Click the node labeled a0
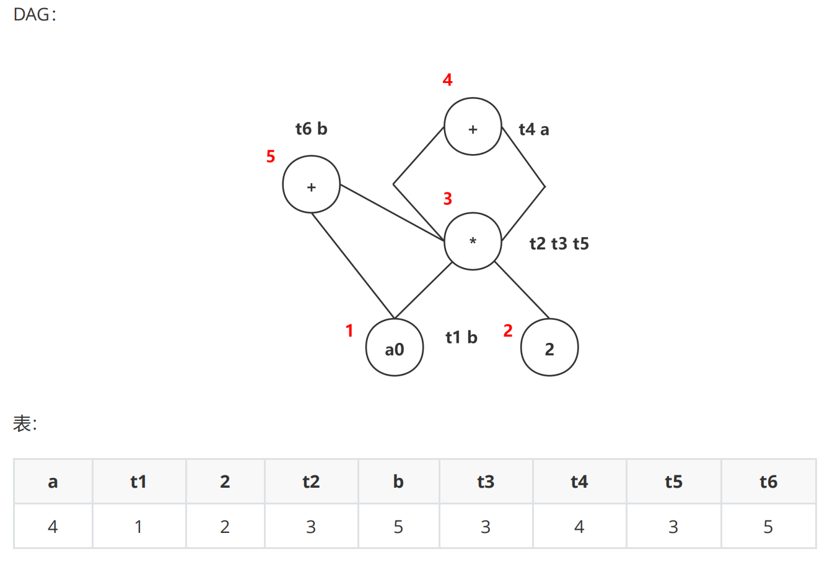coord(395,348)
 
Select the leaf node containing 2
coord(549,348)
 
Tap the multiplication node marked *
coord(473,241)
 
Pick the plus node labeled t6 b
coord(311,184)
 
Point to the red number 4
coord(447,80)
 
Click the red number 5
coord(271,157)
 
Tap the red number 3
coord(447,199)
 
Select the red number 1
coord(349,331)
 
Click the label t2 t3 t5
coord(559,244)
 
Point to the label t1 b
coord(461,337)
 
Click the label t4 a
coord(534,129)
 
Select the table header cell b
coord(398,482)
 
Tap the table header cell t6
coord(768,482)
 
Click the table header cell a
coord(53,482)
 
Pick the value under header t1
coord(138,527)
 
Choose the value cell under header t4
coord(579,527)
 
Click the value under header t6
coord(768,527)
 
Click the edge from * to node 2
coord(522,290)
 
